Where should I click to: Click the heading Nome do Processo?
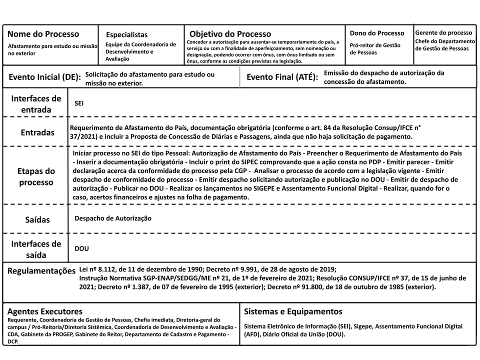(43, 34)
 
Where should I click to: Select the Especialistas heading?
(127, 35)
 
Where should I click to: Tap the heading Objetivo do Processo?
(230, 34)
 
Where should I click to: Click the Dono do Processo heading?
(377, 33)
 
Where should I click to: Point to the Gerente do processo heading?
(443, 32)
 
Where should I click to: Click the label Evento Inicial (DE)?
(44, 77)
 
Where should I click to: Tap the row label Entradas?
(37, 133)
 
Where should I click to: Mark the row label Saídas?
(37, 219)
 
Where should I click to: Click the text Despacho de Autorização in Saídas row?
(113, 218)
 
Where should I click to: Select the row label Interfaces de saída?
(36, 249)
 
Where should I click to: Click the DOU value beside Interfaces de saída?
(81, 248)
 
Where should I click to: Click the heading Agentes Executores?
(44, 311)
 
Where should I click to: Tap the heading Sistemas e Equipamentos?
(293, 311)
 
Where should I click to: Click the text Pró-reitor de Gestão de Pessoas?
(375, 48)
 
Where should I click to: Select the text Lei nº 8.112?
(98, 269)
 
